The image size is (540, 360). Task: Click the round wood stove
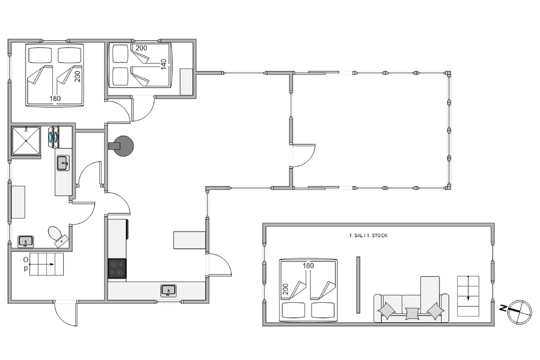(x=123, y=146)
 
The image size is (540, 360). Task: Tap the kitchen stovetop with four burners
(x=117, y=268)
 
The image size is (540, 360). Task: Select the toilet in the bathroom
(x=58, y=236)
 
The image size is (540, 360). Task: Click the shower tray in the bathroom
(x=26, y=141)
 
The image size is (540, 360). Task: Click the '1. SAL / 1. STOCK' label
(x=368, y=236)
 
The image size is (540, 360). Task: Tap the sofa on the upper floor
(x=411, y=308)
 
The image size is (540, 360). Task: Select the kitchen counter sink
(x=168, y=290)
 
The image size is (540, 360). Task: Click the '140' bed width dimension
(x=164, y=64)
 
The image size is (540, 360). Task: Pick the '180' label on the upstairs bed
(x=308, y=266)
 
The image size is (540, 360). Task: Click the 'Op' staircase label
(x=26, y=264)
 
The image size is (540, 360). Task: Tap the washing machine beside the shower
(x=54, y=137)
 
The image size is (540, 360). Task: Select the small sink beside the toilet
(x=25, y=242)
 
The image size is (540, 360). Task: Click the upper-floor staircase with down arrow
(x=468, y=296)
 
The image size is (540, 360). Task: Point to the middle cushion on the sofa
(x=411, y=314)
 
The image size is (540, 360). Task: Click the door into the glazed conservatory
(x=303, y=155)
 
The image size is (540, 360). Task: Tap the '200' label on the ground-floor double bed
(x=77, y=77)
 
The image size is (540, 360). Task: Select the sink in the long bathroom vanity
(x=63, y=163)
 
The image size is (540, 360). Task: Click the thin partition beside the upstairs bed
(x=358, y=285)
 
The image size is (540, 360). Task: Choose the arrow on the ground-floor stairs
(x=42, y=264)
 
